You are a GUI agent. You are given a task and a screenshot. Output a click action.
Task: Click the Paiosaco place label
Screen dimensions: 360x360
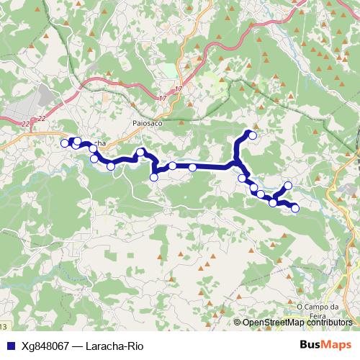tap(148, 123)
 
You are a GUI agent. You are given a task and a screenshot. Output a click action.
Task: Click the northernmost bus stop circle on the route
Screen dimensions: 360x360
tap(253, 135)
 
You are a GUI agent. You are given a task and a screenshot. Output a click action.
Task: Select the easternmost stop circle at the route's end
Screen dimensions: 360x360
tap(294, 209)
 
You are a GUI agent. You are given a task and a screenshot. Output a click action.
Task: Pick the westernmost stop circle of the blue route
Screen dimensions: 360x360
tap(64, 143)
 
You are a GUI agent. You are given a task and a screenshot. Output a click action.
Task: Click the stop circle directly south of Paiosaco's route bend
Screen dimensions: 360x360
tap(153, 177)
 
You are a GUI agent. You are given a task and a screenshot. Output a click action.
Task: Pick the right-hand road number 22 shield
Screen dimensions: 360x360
tap(42, 118)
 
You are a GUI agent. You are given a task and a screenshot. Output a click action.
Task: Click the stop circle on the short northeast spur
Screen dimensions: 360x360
tap(288, 186)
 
